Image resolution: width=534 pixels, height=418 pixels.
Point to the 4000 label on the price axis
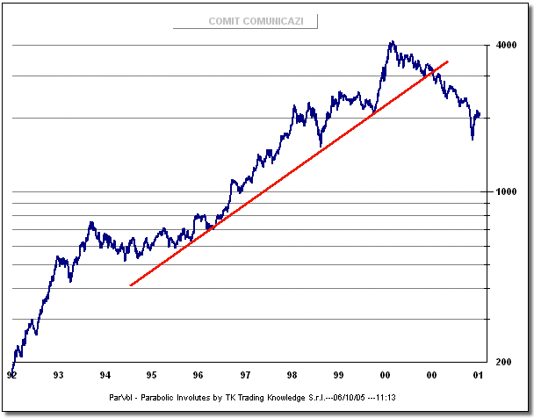[x=505, y=45]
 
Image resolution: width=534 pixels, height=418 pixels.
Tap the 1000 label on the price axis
[x=505, y=191]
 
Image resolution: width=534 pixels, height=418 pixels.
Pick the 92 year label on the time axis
[x=11, y=376]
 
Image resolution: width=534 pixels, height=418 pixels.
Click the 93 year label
[x=59, y=376]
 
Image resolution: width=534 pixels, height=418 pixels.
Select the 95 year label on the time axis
[x=151, y=376]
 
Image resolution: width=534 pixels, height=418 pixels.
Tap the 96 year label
[x=198, y=376]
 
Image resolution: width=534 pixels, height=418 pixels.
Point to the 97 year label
[x=244, y=376]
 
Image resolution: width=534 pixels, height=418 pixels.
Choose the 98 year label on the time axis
[x=292, y=376]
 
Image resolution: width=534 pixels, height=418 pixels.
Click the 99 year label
[x=338, y=376]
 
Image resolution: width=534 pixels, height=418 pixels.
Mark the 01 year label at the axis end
[x=478, y=376]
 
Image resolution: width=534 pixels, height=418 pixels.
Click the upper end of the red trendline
[x=448, y=61]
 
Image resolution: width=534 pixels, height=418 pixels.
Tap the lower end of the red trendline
[x=130, y=285]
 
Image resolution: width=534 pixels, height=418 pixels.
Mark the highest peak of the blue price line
[x=392, y=41]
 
